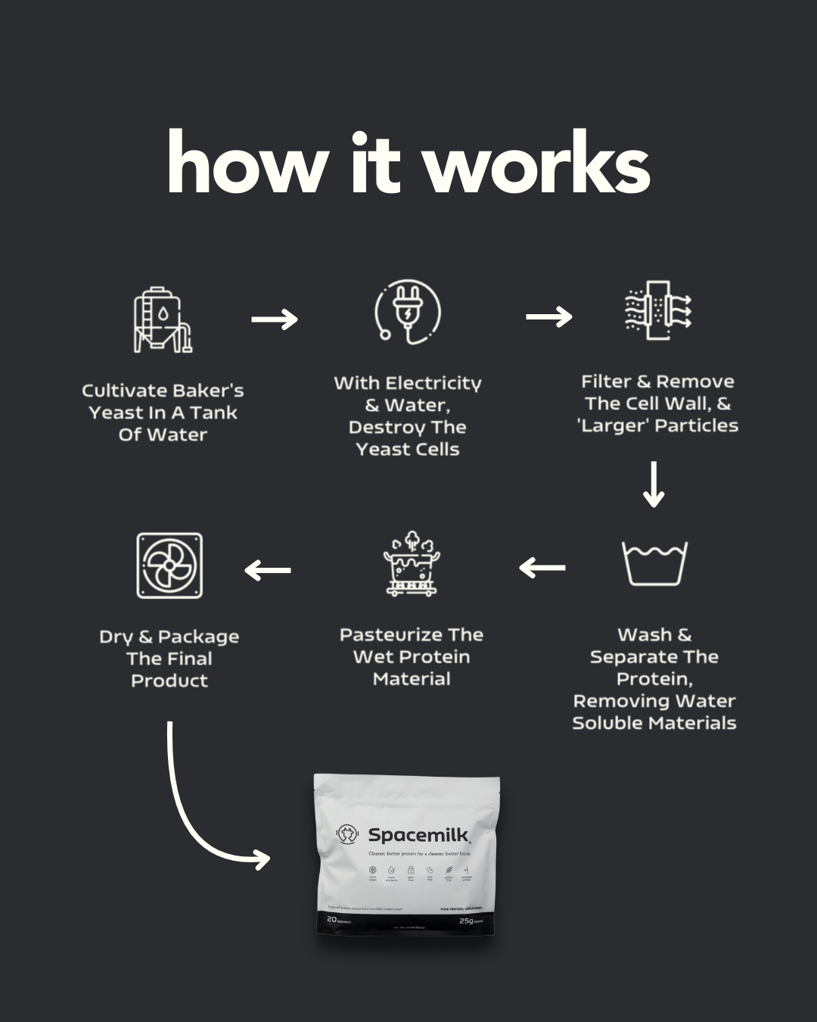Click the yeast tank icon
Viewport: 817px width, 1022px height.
tap(163, 320)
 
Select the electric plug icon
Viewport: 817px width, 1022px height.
tap(408, 313)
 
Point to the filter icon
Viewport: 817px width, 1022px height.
tap(657, 310)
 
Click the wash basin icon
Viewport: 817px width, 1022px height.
tap(654, 562)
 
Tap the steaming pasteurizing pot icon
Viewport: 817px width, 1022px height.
tap(412, 564)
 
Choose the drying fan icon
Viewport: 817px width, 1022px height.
tap(169, 566)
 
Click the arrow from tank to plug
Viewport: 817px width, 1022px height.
tap(275, 319)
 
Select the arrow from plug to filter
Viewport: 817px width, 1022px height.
tap(549, 316)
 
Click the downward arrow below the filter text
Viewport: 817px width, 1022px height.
tap(654, 485)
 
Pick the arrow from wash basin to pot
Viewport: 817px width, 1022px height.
tap(542, 567)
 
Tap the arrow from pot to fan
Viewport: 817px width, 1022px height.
tap(268, 570)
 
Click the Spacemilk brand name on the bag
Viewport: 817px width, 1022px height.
tap(419, 835)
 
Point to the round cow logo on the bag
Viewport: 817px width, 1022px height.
tap(347, 834)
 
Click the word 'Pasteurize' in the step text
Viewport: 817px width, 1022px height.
tap(389, 635)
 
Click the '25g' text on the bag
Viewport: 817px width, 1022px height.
tap(466, 921)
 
